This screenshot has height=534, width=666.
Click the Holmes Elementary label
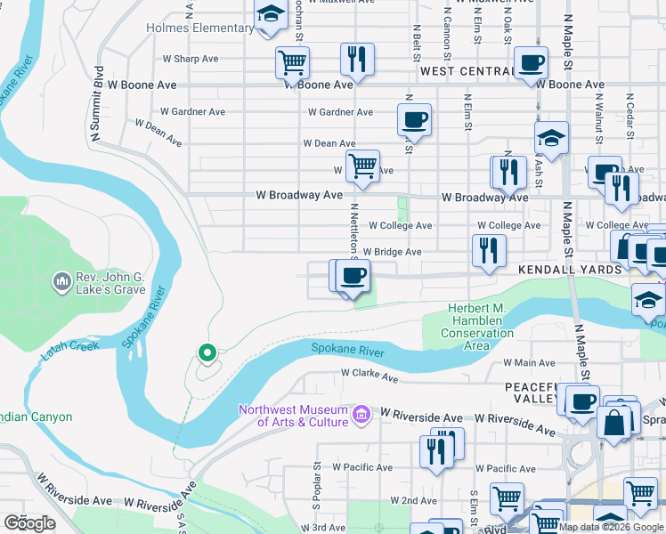(x=200, y=28)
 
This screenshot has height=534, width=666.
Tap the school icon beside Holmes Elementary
(x=270, y=15)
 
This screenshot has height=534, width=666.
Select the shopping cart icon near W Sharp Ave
(x=292, y=62)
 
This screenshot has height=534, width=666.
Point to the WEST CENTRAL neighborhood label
(x=467, y=71)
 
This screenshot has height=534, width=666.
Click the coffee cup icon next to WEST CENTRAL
(x=531, y=63)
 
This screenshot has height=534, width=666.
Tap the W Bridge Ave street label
(x=392, y=252)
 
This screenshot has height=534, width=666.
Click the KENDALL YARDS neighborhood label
(x=558, y=269)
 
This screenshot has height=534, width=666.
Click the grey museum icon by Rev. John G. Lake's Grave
(x=61, y=282)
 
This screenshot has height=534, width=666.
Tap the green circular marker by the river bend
(x=207, y=353)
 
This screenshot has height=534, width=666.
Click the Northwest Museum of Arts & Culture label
(x=294, y=416)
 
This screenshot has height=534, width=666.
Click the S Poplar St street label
(x=316, y=489)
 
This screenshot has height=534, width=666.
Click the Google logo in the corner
(x=29, y=523)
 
